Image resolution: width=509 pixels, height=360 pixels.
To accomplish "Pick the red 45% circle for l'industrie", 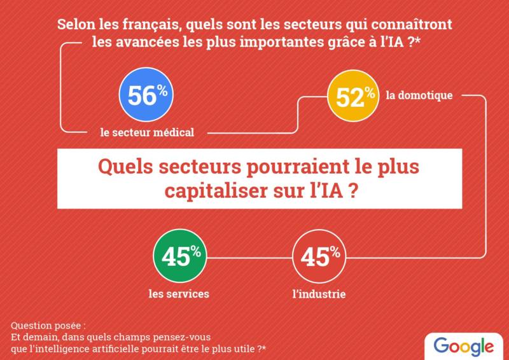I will [320, 257].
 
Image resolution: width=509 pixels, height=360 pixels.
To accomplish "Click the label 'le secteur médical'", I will [147, 132].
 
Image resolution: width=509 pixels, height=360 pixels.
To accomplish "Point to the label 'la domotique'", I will [419, 96].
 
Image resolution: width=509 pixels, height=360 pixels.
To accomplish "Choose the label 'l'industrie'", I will [320, 294].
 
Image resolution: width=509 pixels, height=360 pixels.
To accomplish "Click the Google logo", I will [464, 346].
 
